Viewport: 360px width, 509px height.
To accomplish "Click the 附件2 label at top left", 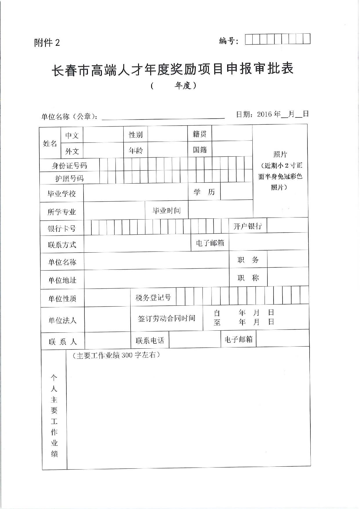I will pyautogui.click(x=47, y=43).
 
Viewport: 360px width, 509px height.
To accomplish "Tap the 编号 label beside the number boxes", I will pyautogui.click(x=228, y=41).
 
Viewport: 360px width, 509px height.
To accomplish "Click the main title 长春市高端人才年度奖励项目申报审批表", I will pyautogui.click(x=173, y=70).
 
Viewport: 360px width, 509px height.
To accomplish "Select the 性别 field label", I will pyautogui.click(x=136, y=135).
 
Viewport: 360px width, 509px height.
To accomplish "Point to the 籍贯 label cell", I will pyautogui.click(x=200, y=134).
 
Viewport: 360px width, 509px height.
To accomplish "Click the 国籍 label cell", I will pyautogui.click(x=200, y=150).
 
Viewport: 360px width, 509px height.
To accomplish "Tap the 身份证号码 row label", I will pyautogui.click(x=69, y=166).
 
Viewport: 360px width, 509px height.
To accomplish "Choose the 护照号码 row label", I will pyautogui.click(x=69, y=178).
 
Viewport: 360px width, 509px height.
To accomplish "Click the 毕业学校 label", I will pyautogui.click(x=61, y=193).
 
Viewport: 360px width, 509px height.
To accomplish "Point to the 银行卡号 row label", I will pyautogui.click(x=61, y=229).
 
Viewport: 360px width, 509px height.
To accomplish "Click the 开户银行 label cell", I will pyautogui.click(x=247, y=226).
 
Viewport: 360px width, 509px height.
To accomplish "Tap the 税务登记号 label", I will pyautogui.click(x=153, y=298).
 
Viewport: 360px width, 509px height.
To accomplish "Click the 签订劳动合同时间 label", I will pyautogui.click(x=167, y=318).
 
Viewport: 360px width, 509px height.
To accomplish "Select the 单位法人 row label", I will pyautogui.click(x=62, y=320).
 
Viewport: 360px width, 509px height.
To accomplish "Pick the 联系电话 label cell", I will pyautogui.click(x=150, y=340).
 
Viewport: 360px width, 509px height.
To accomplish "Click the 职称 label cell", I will pyautogui.click(x=248, y=278).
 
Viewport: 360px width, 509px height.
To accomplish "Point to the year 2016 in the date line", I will pyautogui.click(x=265, y=114).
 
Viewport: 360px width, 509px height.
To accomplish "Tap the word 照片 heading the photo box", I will pyautogui.click(x=280, y=154).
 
